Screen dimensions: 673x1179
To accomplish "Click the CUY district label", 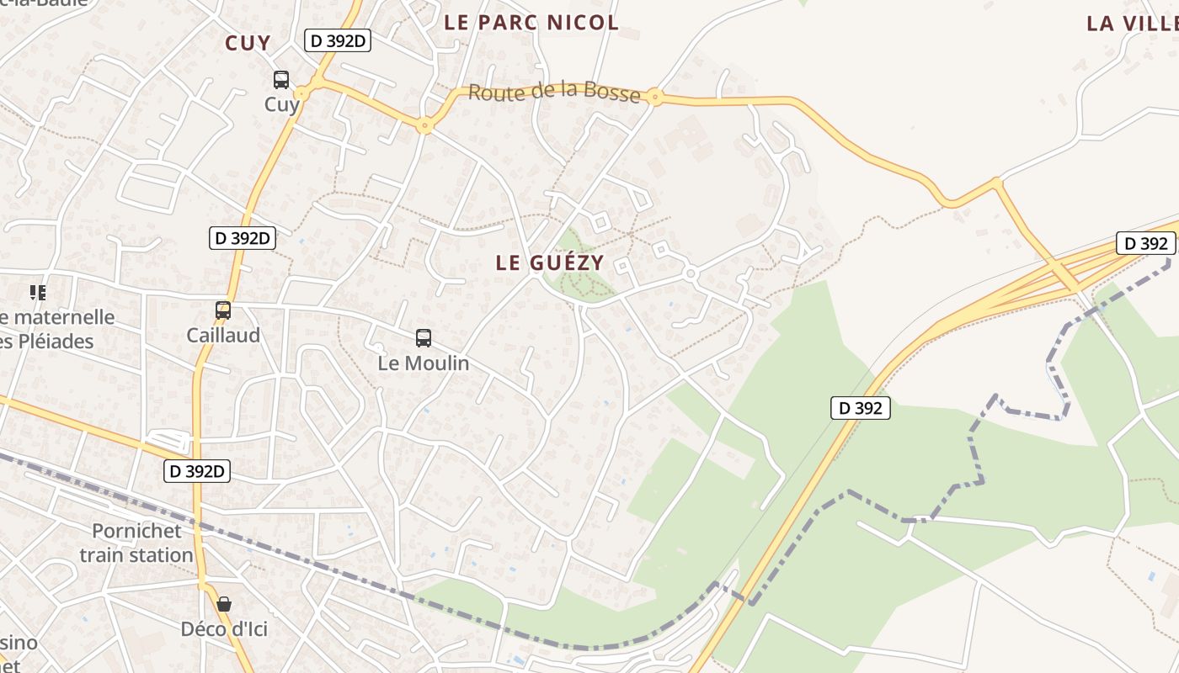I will click(248, 43).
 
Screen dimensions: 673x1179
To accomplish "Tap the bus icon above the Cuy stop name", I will click(281, 80).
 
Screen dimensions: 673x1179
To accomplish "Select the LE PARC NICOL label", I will click(531, 23).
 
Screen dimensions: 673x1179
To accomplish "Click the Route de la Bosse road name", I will click(554, 92).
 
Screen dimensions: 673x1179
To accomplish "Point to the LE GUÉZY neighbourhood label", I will click(550, 262).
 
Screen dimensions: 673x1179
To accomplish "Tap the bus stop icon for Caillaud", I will click(223, 310).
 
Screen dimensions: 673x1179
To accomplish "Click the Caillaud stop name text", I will click(223, 335).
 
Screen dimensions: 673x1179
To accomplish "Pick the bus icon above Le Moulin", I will click(424, 338).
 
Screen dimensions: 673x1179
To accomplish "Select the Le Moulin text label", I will click(424, 363).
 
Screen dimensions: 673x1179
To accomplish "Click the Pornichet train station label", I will click(136, 543).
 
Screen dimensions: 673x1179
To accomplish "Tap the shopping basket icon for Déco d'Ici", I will click(224, 604).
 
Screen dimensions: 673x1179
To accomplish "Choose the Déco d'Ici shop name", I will click(224, 628).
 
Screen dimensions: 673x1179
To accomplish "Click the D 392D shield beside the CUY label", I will click(338, 40).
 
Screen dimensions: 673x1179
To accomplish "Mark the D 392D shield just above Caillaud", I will click(243, 238).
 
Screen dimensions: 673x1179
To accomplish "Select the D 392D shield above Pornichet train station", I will click(197, 471).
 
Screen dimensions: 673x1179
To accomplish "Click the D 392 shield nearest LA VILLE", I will click(1145, 244).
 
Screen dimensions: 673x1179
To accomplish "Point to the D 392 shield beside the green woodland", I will click(861, 409).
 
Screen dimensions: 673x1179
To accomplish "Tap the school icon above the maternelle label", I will click(38, 293).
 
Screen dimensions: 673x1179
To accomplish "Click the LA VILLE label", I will click(1132, 24).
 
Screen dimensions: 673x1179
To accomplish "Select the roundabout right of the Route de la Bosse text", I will click(655, 98).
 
